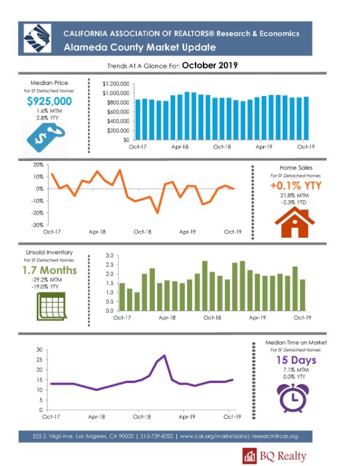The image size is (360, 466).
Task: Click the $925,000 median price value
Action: [49, 101]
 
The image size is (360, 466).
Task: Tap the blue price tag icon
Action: [46, 138]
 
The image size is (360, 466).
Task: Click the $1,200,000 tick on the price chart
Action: [116, 84]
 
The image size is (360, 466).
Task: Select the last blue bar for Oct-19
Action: [306, 118]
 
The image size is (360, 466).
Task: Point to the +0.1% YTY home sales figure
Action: [296, 186]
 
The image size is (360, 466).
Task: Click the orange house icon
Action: [295, 222]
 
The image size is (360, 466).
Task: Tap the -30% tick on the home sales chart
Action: [38, 225]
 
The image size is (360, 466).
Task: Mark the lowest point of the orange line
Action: [157, 213]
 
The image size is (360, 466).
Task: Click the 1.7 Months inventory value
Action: [50, 270]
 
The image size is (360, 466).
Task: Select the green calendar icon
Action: [51, 306]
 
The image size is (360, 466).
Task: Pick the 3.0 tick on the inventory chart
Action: [110, 256]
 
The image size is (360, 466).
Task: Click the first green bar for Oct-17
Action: [122, 297]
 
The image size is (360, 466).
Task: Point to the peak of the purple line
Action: [164, 356]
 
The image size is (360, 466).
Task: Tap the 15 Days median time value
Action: [296, 360]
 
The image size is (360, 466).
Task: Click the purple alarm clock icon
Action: [293, 398]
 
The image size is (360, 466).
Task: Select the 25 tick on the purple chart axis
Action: [40, 360]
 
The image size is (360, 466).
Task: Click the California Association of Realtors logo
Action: [37, 38]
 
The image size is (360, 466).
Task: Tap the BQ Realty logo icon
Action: [250, 456]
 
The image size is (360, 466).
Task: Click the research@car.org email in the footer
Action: [274, 437]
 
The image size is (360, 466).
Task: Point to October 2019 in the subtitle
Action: [210, 65]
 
